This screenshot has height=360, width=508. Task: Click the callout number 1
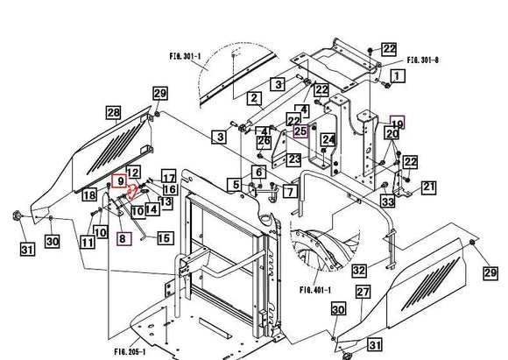397,76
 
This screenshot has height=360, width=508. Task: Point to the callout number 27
363,292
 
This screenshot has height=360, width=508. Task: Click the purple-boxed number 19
397,124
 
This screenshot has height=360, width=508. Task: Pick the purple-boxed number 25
300,131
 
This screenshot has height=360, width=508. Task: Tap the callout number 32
359,272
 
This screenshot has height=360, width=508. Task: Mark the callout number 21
428,187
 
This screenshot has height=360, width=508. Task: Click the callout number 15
164,237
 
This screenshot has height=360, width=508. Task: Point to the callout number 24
328,139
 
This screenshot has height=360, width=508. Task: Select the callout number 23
293,159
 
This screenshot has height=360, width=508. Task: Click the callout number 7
290,191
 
